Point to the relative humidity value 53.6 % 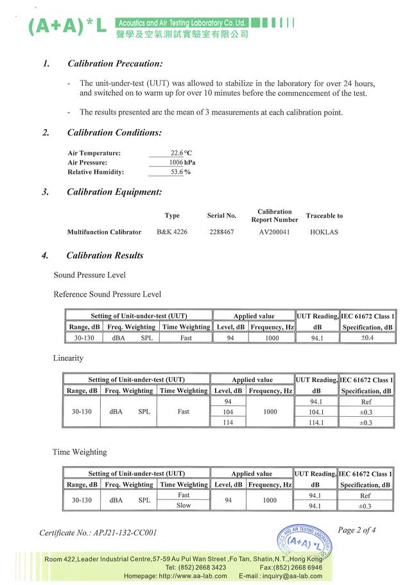(181, 172)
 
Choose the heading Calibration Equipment (114, 192)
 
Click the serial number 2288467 (221, 232)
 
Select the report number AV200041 (274, 232)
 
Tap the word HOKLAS (324, 232)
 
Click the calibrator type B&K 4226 (172, 232)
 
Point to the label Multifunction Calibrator (104, 232)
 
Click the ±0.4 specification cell (367, 338)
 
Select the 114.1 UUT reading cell (316, 423)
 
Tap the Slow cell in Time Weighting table (183, 506)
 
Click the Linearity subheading (68, 358)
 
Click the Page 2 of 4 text (356, 530)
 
